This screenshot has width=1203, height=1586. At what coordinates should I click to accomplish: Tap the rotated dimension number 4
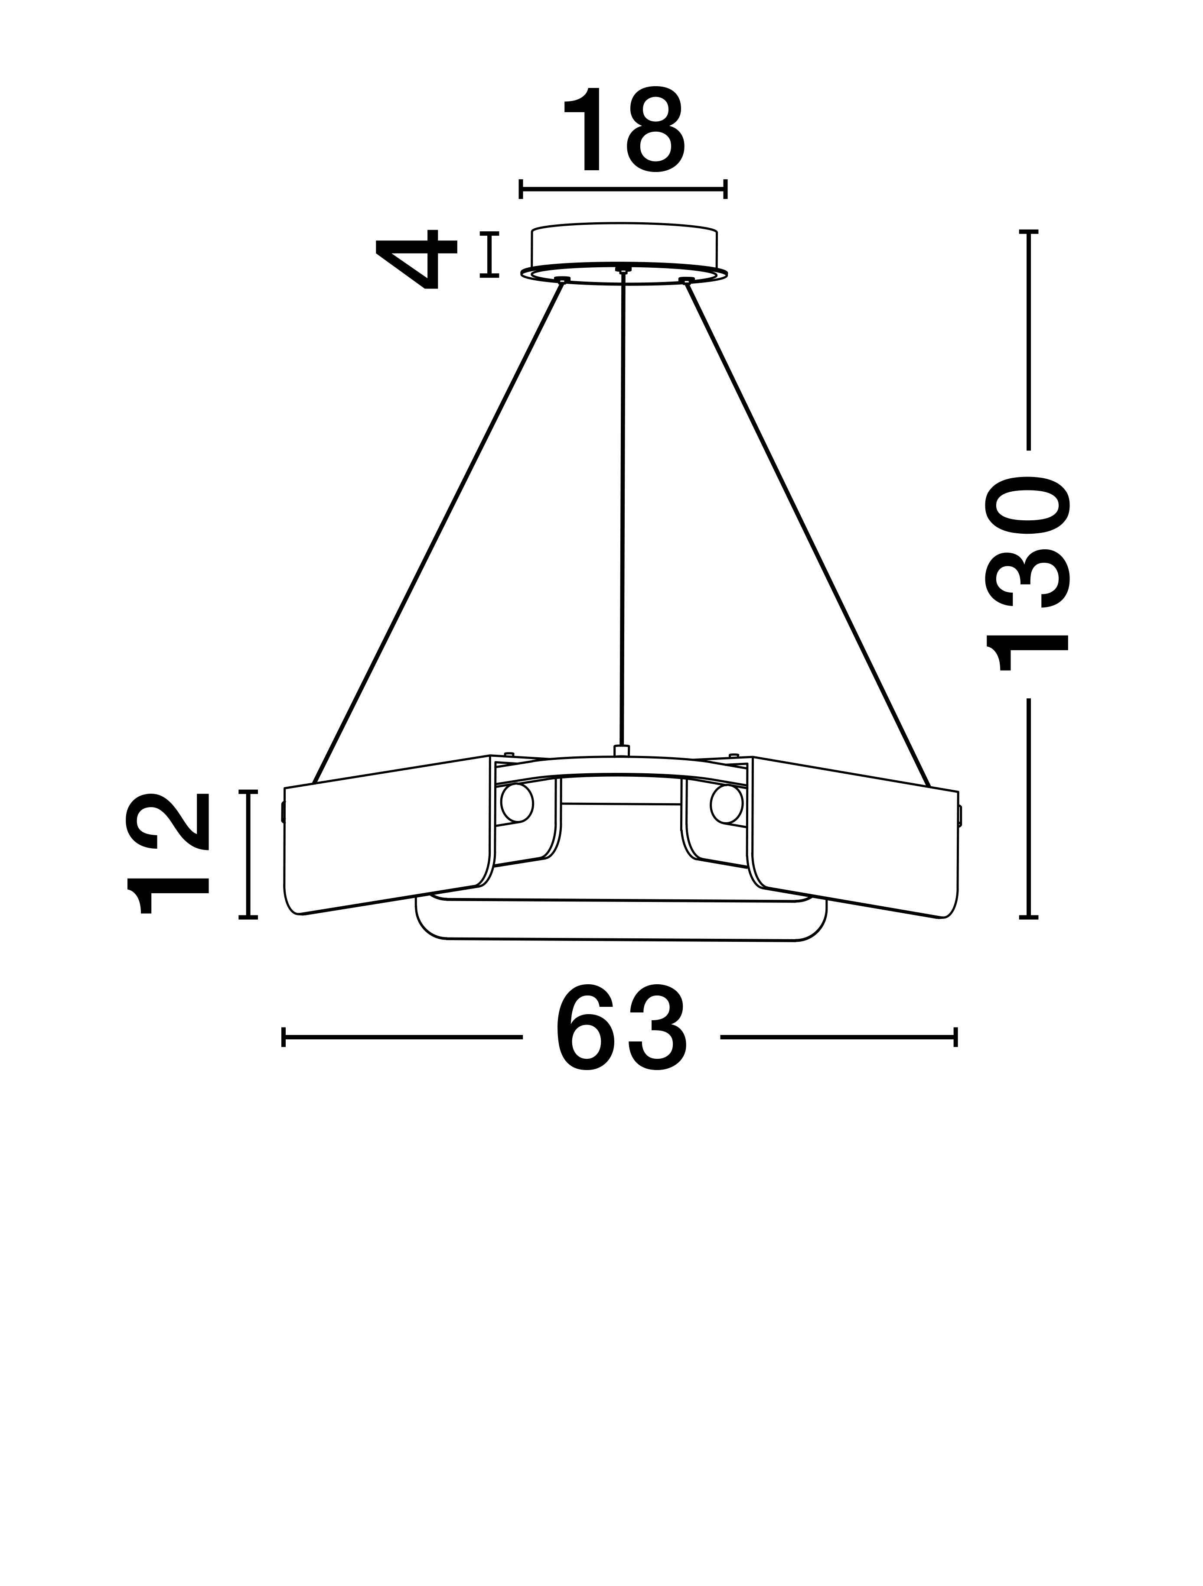point(416,258)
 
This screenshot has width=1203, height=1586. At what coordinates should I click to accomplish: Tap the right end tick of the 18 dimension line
point(726,189)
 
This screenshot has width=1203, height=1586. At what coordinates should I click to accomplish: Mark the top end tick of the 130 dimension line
point(1029,232)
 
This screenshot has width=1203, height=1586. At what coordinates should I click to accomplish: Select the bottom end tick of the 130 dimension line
point(1029,917)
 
